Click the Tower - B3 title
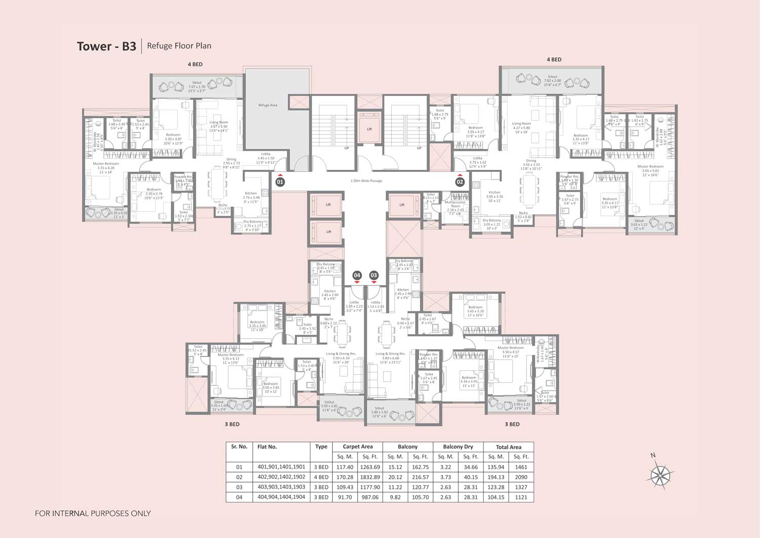106,46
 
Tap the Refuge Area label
268,105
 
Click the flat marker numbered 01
280,182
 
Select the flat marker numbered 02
460,182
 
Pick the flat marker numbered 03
373,275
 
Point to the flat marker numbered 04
357,275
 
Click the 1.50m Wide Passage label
366,181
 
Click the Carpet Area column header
357,447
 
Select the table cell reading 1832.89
370,477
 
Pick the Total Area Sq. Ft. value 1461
521,467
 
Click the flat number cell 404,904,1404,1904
281,497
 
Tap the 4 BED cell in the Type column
321,477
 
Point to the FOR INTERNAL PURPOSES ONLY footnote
93,513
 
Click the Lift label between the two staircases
369,129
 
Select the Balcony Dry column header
458,447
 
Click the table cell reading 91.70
345,497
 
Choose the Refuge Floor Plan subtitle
179,46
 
